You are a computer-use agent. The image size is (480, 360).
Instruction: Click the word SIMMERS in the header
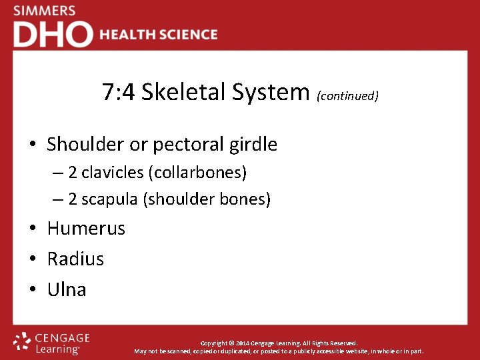tap(44, 11)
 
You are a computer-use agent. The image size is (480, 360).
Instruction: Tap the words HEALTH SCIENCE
tap(159, 35)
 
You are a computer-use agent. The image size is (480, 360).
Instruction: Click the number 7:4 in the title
tap(119, 92)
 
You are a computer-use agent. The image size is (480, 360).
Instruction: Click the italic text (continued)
tap(347, 96)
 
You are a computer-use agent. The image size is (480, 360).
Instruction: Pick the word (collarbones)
tap(198, 173)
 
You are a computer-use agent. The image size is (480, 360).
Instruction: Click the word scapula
tap(109, 199)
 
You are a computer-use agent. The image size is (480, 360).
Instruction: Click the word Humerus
tap(86, 229)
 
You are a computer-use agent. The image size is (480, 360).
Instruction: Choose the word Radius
tap(75, 259)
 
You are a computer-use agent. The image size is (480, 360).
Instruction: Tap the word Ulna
tap(67, 289)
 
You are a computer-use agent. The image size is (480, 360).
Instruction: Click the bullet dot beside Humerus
tap(33, 229)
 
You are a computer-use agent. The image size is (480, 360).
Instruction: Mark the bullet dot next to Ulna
tap(33, 290)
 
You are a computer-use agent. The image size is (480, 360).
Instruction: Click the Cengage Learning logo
tap(51, 343)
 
